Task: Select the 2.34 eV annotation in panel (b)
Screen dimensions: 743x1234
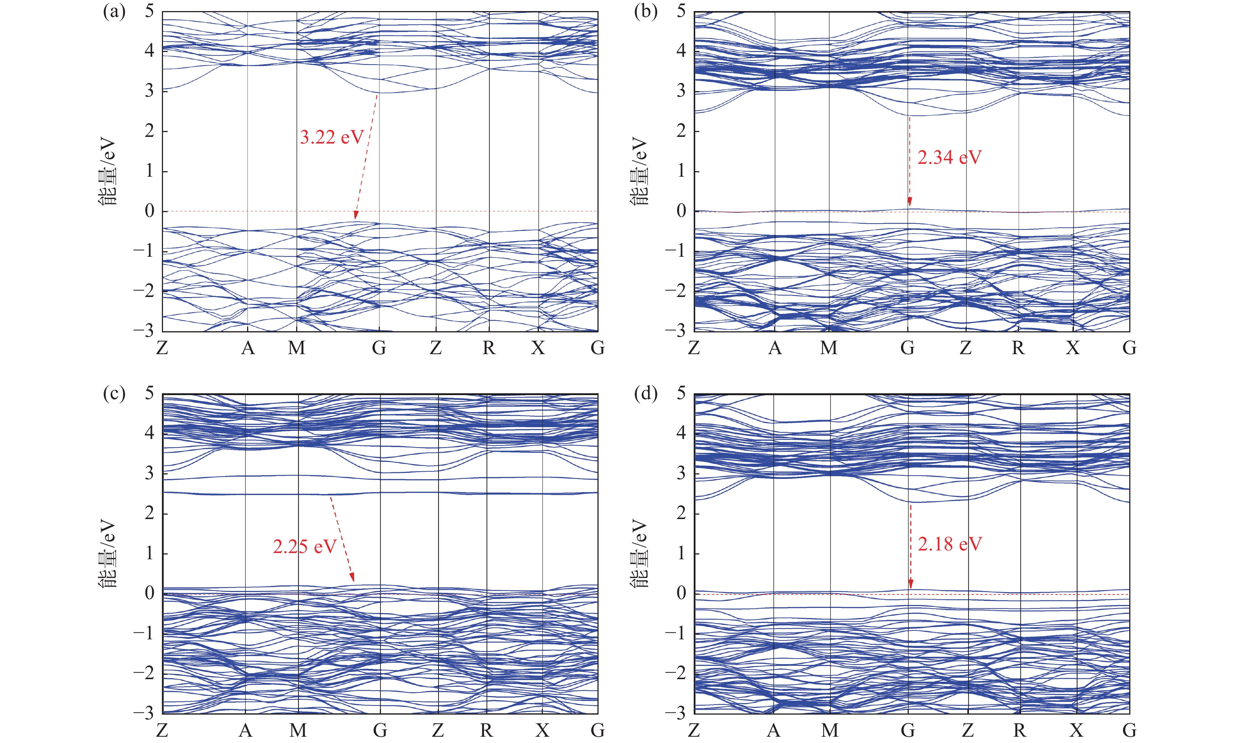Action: click(x=949, y=158)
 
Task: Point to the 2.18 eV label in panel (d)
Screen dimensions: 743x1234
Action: click(x=950, y=544)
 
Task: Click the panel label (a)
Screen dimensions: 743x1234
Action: click(x=114, y=11)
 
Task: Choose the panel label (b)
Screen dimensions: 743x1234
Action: click(x=645, y=11)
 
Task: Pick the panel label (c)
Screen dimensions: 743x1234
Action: click(x=114, y=394)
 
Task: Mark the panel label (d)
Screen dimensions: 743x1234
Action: click(x=645, y=394)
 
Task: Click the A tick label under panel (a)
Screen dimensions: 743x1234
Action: click(x=248, y=348)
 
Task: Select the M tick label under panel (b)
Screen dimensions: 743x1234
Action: click(x=829, y=348)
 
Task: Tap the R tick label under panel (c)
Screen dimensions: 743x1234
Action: click(x=486, y=730)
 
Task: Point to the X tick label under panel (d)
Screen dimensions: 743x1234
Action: click(x=1077, y=730)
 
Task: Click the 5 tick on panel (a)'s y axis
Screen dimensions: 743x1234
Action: click(x=149, y=11)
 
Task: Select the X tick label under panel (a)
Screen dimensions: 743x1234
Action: click(x=538, y=348)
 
